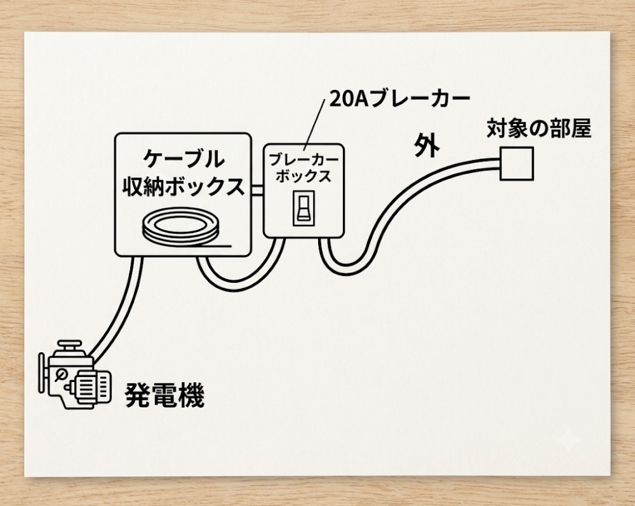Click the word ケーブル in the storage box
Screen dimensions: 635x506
point(184,158)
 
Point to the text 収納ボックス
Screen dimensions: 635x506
point(184,186)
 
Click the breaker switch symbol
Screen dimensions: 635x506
point(304,208)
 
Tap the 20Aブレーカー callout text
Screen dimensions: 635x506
point(399,99)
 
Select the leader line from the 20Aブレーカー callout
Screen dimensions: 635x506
point(315,123)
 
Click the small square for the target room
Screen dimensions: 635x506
point(517,163)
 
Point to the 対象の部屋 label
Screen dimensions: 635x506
point(538,128)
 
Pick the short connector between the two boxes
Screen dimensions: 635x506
point(257,190)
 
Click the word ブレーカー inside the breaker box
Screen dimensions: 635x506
point(304,160)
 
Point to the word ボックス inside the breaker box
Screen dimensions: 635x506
point(304,176)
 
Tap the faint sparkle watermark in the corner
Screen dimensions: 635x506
point(568,440)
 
